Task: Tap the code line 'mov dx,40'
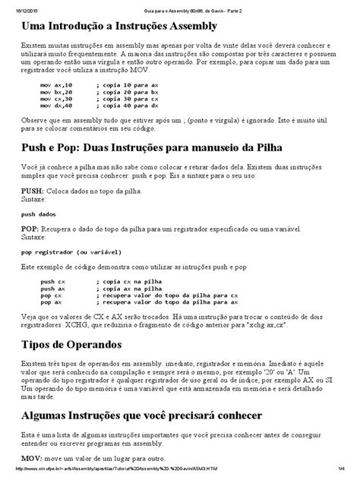[56, 106]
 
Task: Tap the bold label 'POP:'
[30, 229]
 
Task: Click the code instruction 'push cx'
[52, 282]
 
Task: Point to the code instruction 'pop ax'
[51, 302]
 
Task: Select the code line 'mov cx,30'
[56, 99]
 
